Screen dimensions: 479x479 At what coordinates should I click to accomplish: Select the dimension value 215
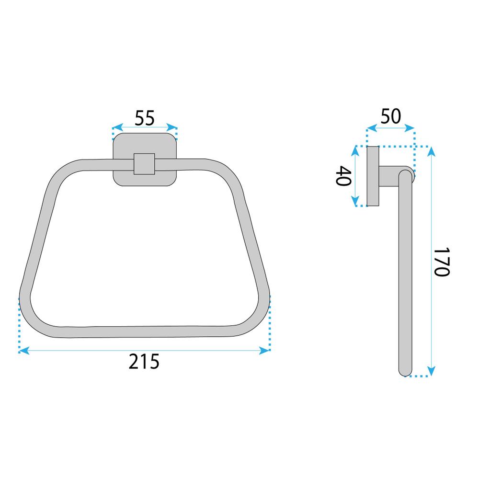pos(144,362)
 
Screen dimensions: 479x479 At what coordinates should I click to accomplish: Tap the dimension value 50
pos(390,117)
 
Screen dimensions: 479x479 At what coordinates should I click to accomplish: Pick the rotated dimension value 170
pos(440,262)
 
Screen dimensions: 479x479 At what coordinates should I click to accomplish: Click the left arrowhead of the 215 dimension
pos(23,351)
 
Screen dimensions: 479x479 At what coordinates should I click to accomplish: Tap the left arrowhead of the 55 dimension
pos(115,128)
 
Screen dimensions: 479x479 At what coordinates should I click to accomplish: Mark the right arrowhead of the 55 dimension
pos(173,128)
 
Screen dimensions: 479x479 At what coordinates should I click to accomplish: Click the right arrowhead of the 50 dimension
pos(411,128)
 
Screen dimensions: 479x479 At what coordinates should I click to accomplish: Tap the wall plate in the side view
pos(373,176)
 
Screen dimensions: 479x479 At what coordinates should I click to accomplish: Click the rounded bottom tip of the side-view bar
pos(405,371)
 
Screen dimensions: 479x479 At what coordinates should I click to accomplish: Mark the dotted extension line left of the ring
pos(19,326)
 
